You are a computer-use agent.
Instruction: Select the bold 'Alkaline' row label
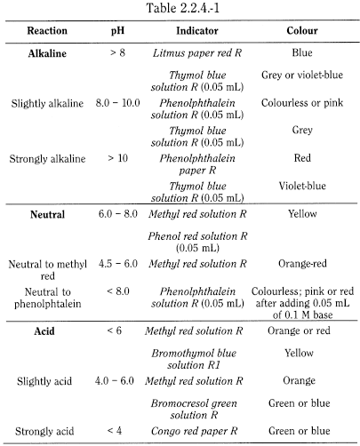(x=50, y=53)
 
